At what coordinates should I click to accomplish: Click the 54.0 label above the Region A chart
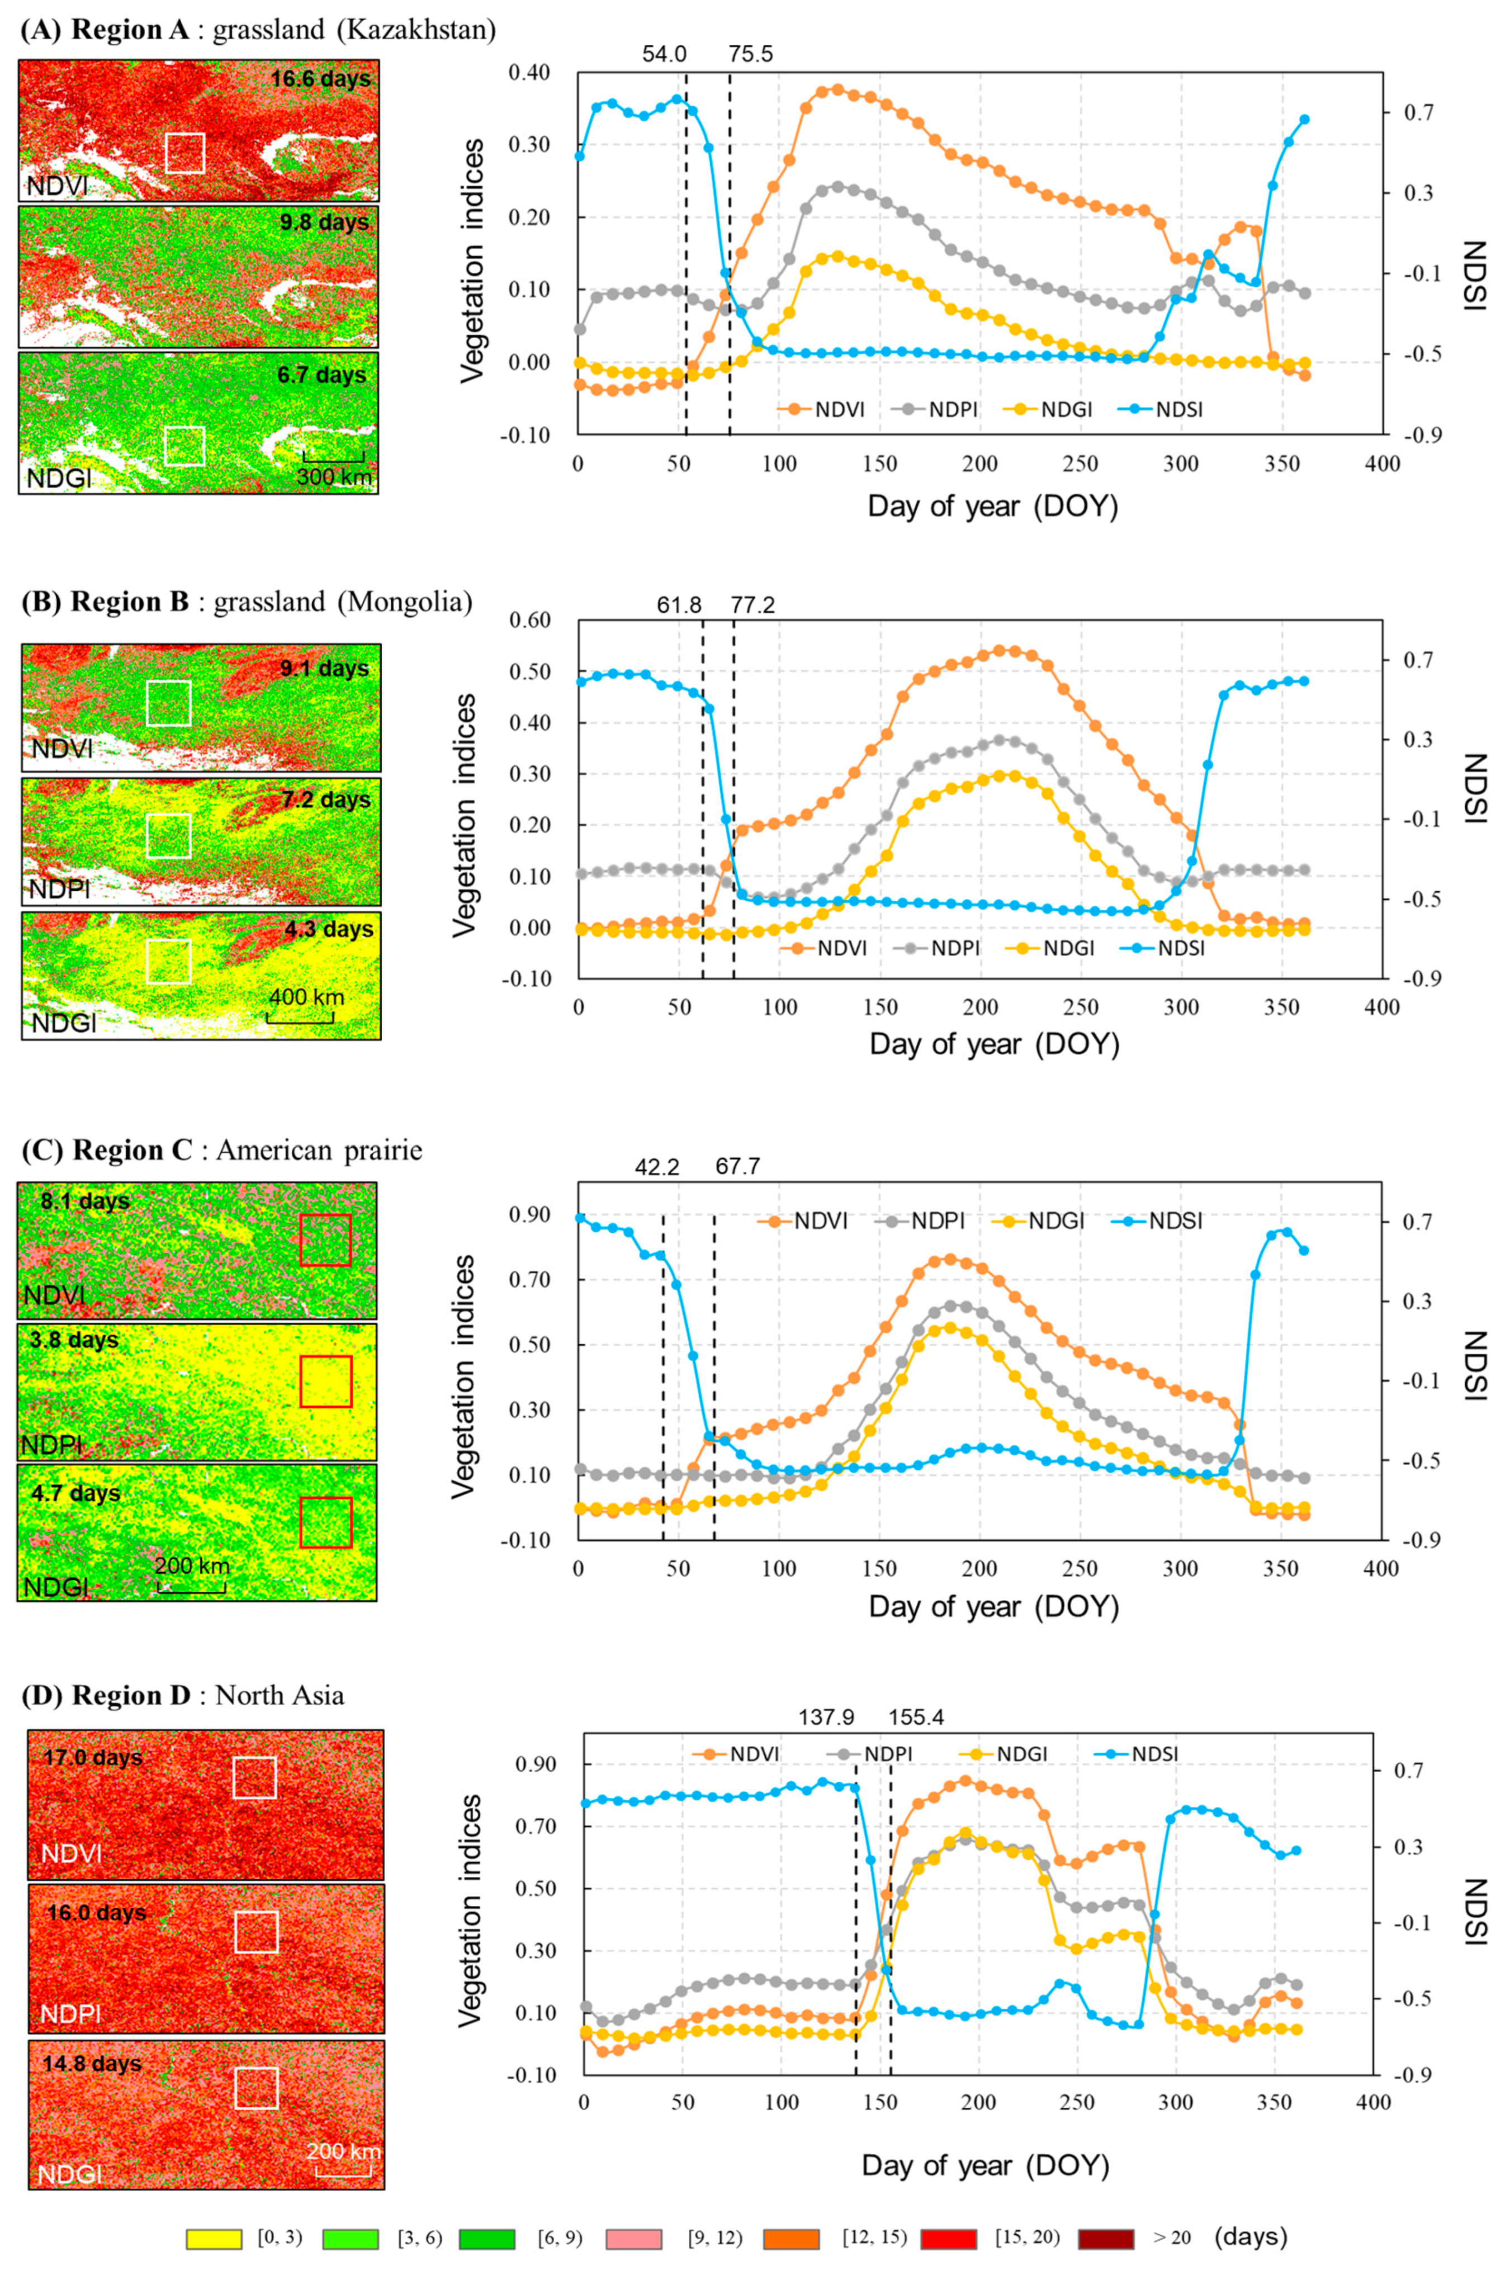[x=665, y=54]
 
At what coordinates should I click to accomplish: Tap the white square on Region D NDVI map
[x=254, y=1777]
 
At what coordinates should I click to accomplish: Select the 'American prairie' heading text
[x=319, y=1151]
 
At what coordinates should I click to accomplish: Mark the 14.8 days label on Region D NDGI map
[x=92, y=2064]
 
